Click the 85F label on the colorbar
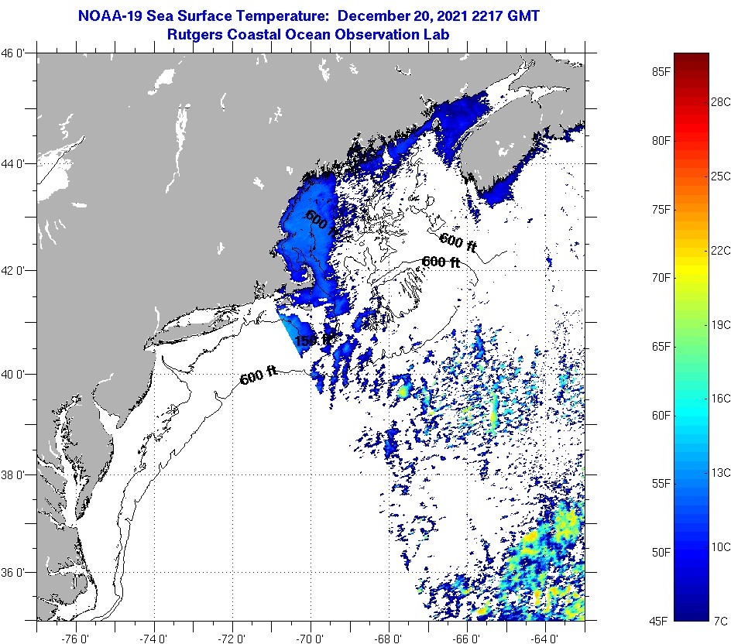tap(661, 72)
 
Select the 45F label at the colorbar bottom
tap(661, 620)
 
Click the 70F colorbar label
tap(661, 277)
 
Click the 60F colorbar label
tap(661, 415)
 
